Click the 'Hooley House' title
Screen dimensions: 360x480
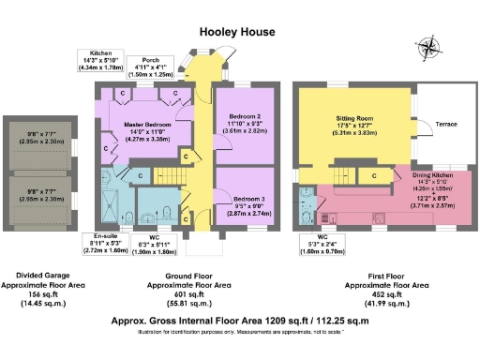(x=238, y=31)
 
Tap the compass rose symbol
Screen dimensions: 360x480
(x=430, y=47)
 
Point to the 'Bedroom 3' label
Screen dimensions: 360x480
(x=249, y=200)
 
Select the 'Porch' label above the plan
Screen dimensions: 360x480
(x=145, y=58)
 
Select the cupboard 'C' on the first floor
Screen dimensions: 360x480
(x=374, y=174)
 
